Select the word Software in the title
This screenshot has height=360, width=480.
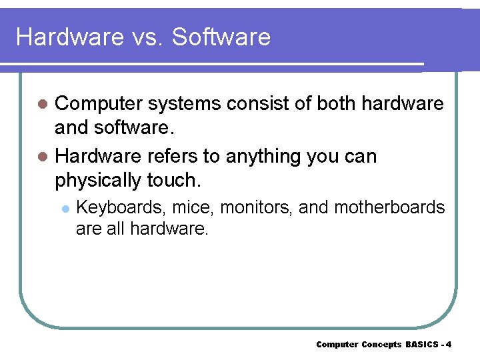(x=221, y=37)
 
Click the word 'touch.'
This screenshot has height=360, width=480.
(x=176, y=180)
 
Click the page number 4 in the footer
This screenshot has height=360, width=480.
(x=449, y=345)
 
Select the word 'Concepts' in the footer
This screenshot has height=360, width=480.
(x=381, y=345)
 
